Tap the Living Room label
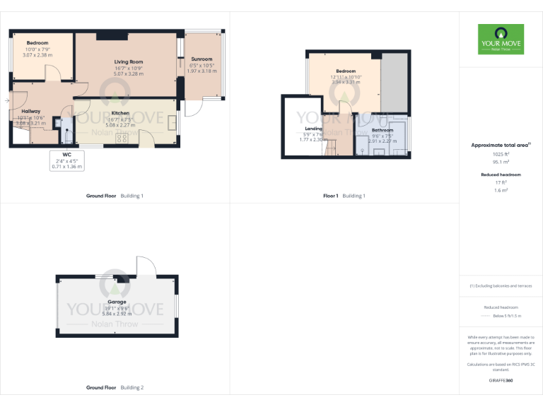pos(128,62)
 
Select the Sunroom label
pos(202,59)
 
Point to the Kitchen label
pos(119,113)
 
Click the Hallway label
pos(30,111)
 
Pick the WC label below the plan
pos(67,154)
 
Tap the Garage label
pos(117,302)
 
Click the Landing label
pos(313,129)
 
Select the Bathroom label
pos(383,130)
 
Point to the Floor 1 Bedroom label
pos(346,71)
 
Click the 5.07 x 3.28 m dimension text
pos(128,73)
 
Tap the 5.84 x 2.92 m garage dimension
pos(117,314)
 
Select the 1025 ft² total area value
pos(501,154)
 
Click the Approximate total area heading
pos(500,145)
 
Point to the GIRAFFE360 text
pos(501,380)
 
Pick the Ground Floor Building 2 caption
pos(115,388)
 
